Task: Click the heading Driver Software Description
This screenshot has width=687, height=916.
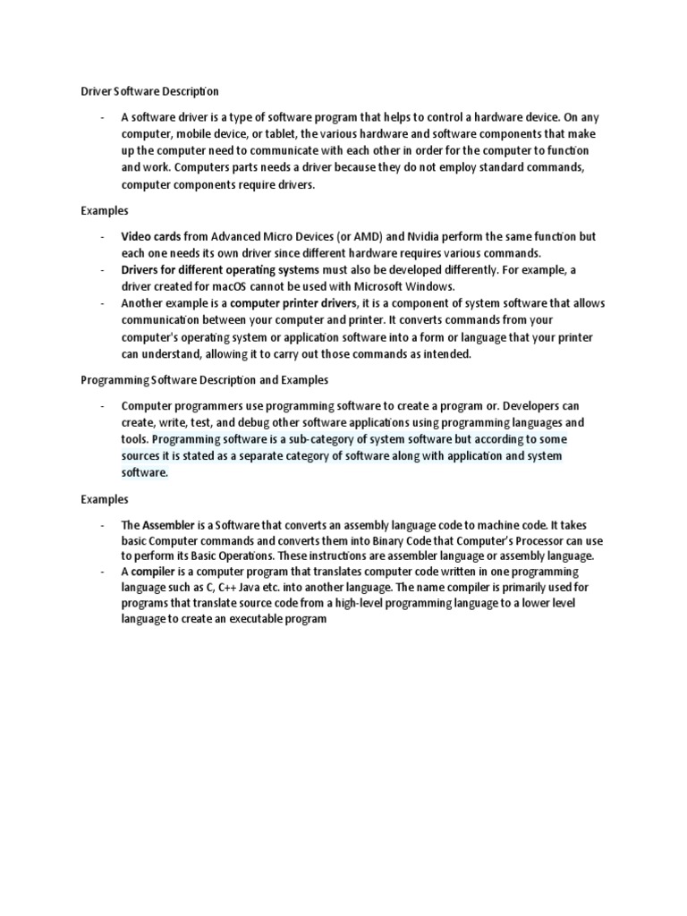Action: click(x=150, y=91)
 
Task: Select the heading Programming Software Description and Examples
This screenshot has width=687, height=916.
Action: click(x=205, y=379)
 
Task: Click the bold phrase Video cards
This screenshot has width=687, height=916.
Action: click(x=150, y=236)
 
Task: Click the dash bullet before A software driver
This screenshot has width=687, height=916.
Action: click(x=103, y=116)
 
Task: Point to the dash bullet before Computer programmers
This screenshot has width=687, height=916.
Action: click(x=103, y=405)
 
